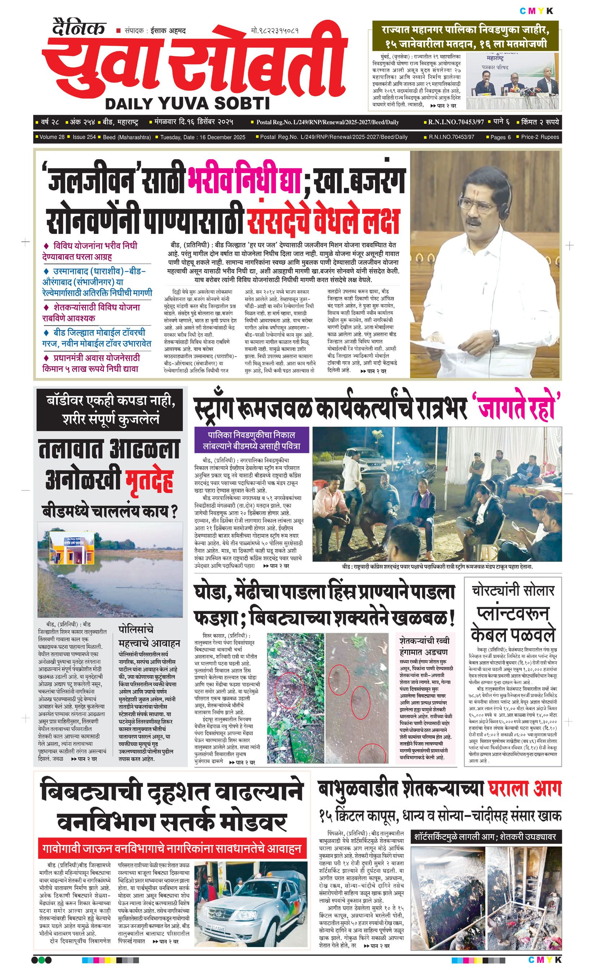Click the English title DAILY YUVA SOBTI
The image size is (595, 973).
click(187, 103)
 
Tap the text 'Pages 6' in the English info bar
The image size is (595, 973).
click(500, 137)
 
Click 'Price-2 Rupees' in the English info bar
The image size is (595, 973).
click(540, 137)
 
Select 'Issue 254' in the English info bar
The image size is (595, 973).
click(84, 137)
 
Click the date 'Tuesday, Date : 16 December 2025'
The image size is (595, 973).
click(203, 137)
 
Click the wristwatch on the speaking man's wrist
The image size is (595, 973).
click(495, 338)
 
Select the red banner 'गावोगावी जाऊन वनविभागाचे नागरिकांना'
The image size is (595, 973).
click(172, 848)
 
